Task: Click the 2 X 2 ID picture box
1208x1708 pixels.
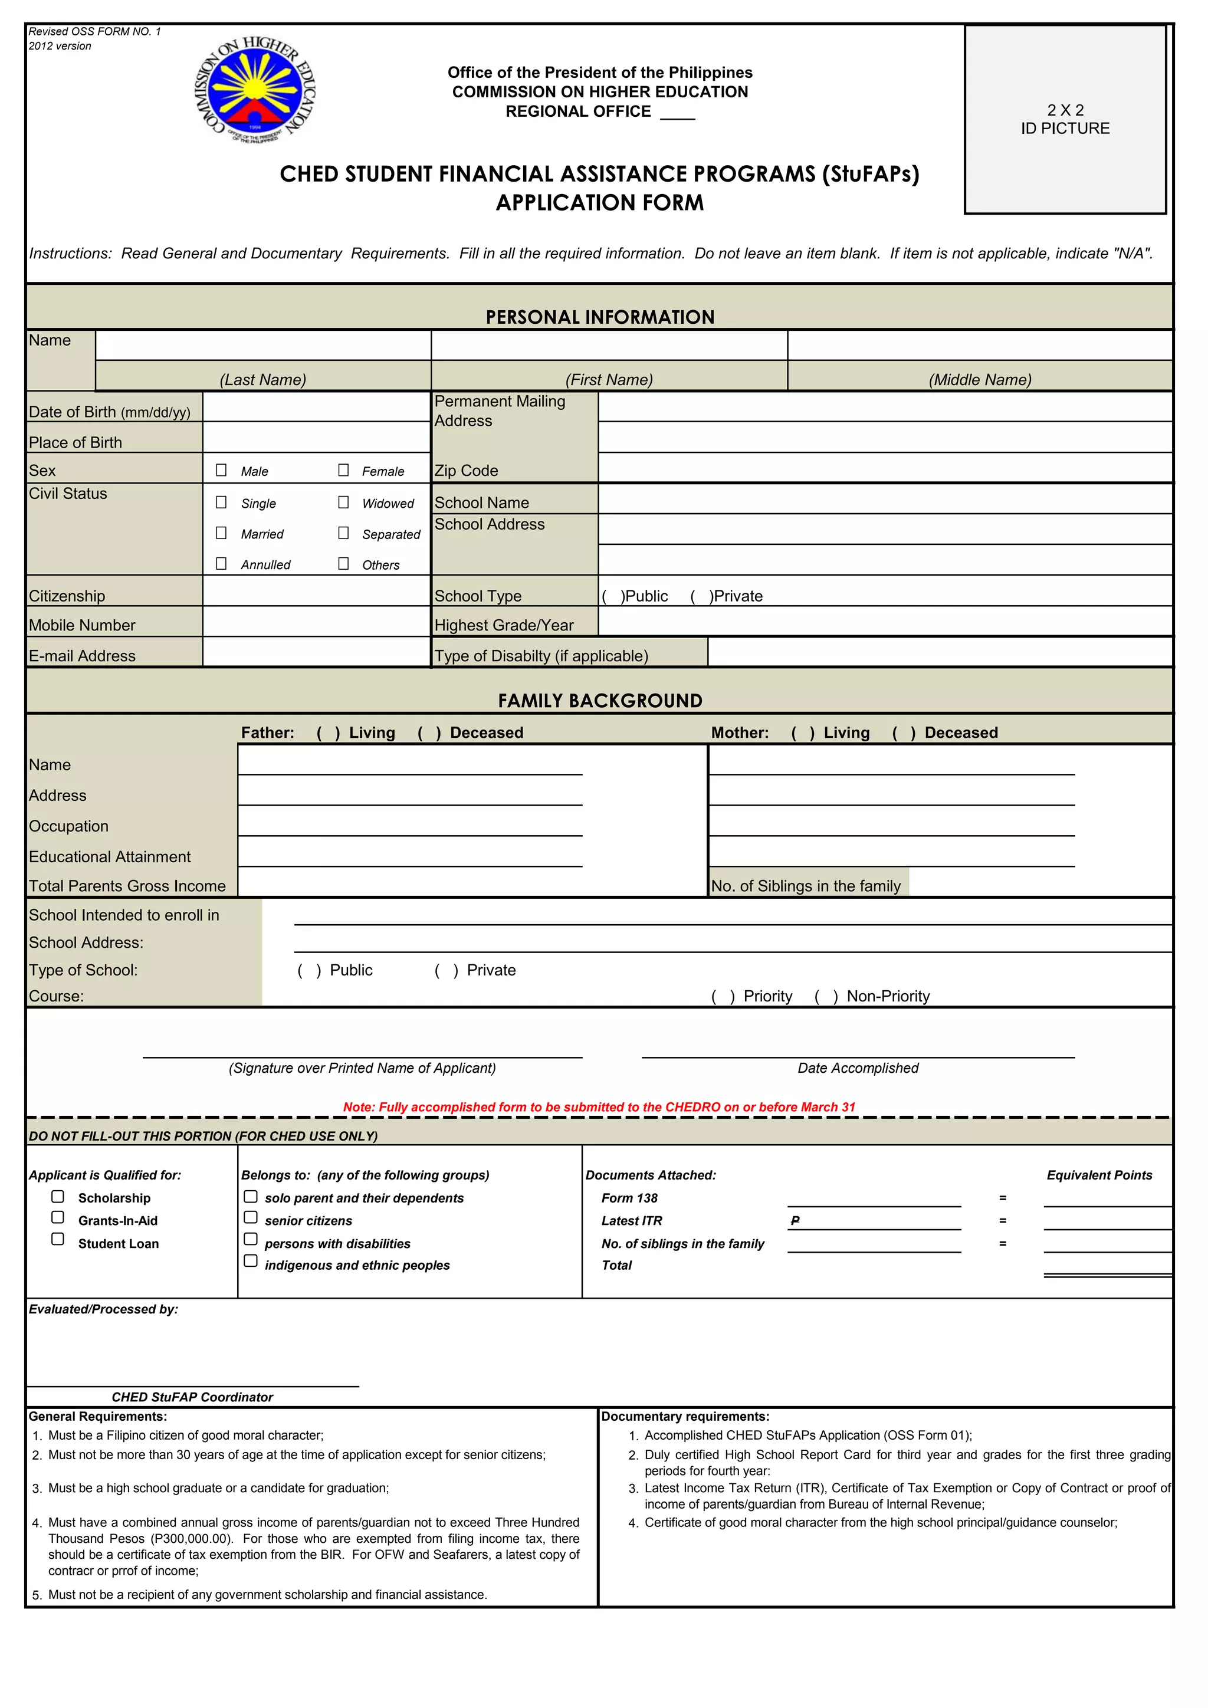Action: click(x=1065, y=120)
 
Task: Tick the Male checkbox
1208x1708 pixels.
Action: click(x=221, y=470)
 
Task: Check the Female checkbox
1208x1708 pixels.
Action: click(x=343, y=470)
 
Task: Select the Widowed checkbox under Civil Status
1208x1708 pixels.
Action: click(x=343, y=502)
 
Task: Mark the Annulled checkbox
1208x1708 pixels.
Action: click(x=221, y=564)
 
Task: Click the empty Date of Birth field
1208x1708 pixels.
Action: click(x=316, y=408)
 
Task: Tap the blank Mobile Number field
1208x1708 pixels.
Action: click(x=316, y=622)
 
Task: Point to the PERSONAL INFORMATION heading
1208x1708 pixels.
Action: click(x=599, y=317)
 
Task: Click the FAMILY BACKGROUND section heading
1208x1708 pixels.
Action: click(x=599, y=701)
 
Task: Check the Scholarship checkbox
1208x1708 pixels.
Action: click(x=57, y=1197)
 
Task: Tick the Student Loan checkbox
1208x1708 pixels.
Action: click(x=57, y=1239)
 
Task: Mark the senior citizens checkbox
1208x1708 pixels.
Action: click(x=251, y=1218)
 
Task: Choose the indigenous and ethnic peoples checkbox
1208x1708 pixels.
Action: click(x=251, y=1261)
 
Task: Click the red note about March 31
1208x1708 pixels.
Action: click(x=599, y=1107)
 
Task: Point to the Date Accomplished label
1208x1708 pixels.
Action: click(x=858, y=1068)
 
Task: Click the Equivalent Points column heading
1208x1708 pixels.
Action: click(x=1099, y=1175)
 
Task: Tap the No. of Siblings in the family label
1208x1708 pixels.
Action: click(x=806, y=886)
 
